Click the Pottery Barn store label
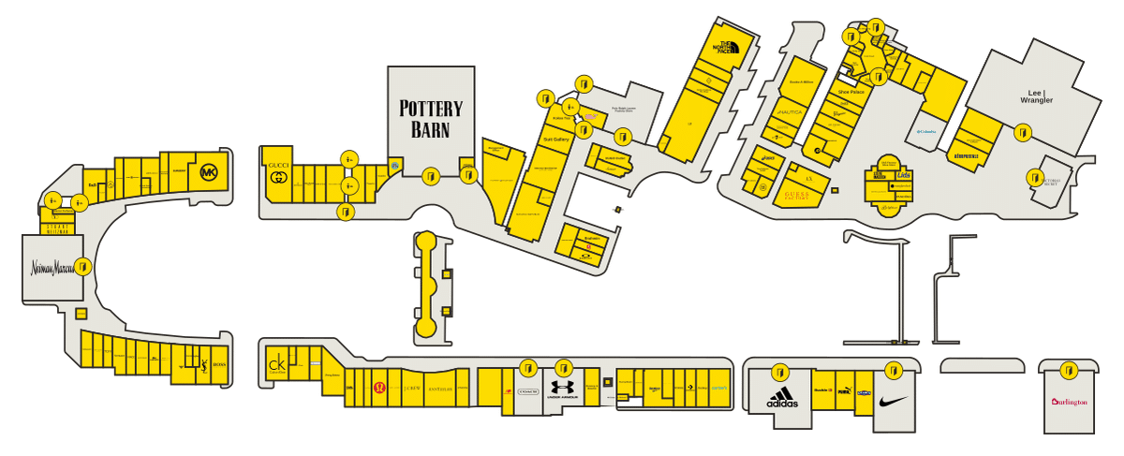(x=431, y=119)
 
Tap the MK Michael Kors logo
(x=208, y=172)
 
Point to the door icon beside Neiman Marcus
(x=83, y=267)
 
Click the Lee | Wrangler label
(x=1036, y=97)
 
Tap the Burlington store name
(x=1070, y=402)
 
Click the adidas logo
(x=781, y=399)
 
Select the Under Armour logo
(x=563, y=388)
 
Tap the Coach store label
(x=527, y=392)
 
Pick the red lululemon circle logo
(x=379, y=388)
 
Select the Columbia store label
(x=926, y=132)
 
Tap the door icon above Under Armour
(x=563, y=368)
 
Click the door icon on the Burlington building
(x=1070, y=368)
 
